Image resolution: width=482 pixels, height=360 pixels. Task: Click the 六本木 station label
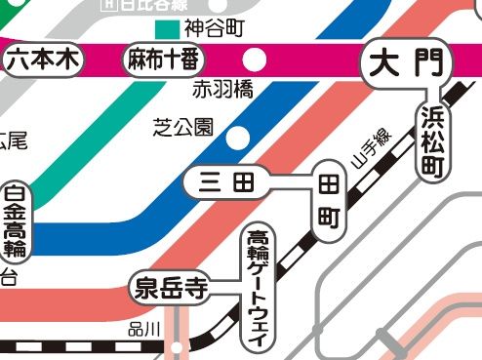pos(43,60)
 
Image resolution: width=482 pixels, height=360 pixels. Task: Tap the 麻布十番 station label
pos(164,60)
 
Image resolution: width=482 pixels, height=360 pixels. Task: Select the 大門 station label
pos(410,64)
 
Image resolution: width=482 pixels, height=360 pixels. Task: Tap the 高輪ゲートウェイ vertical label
pos(260,284)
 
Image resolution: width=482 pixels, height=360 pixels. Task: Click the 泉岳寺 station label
pos(171,288)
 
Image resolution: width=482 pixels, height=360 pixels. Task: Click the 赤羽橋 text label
pos(222,91)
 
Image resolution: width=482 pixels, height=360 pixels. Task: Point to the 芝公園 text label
pos(183,128)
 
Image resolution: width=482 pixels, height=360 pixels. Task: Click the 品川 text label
pos(143,331)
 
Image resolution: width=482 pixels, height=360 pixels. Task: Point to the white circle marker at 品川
pos(177,345)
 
